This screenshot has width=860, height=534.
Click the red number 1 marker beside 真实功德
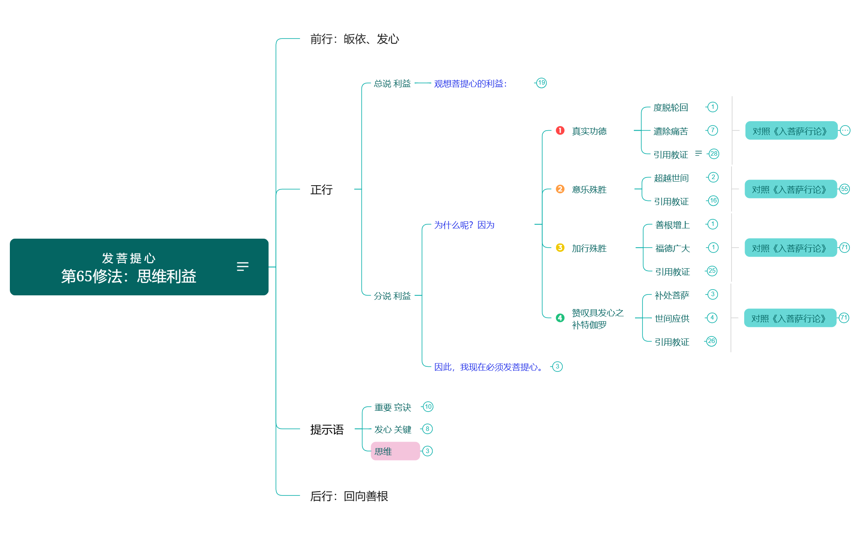point(560,130)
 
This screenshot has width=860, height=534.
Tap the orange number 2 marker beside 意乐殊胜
point(560,189)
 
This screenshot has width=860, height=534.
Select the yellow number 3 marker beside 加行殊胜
point(560,248)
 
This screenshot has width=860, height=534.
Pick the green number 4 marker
point(560,318)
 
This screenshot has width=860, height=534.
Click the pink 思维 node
point(395,451)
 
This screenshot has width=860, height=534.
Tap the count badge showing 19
point(541,83)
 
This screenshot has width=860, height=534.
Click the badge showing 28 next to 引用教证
point(714,154)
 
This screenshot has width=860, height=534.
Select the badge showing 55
point(844,189)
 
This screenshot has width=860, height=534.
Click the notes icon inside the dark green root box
point(243,267)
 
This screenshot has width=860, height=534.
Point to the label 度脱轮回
point(670,108)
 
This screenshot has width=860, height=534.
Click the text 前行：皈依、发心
point(355,39)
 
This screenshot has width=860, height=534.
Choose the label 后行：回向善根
point(349,496)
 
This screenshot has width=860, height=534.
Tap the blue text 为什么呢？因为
point(464,225)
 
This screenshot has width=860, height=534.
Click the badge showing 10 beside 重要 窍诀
point(428,407)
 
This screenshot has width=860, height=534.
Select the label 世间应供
point(672,318)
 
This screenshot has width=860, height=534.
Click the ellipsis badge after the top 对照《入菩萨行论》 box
point(845,131)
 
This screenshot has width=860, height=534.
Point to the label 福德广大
point(672,248)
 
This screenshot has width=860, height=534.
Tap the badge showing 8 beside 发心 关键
point(427,429)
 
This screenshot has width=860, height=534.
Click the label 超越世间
point(671,178)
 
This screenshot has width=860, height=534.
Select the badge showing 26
point(711,341)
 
